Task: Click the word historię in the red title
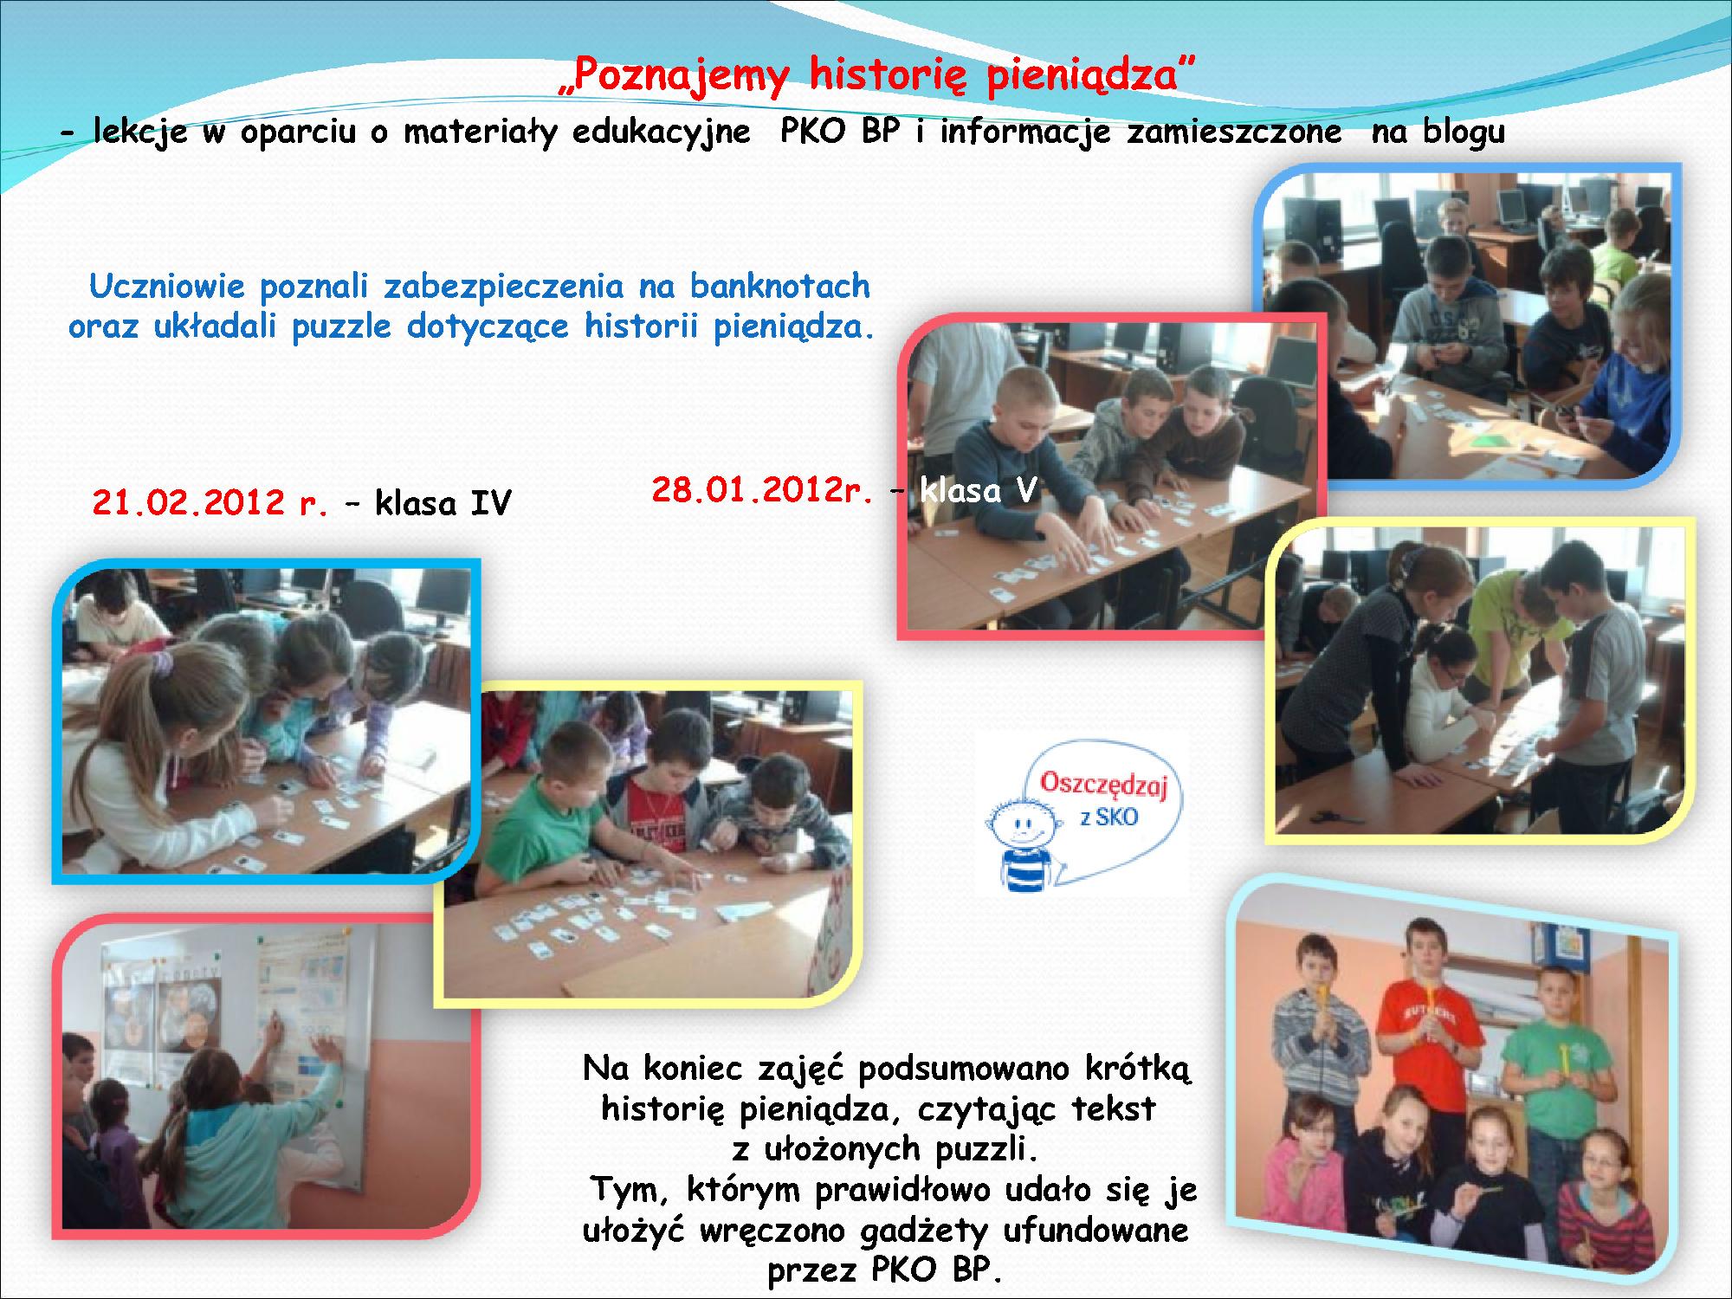[888, 74]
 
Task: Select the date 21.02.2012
[188, 502]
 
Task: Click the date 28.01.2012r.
[761, 489]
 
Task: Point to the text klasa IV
[443, 502]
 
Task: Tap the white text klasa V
[978, 490]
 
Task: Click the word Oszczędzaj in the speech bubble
[1104, 785]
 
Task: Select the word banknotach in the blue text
[779, 286]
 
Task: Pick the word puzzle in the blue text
[341, 327]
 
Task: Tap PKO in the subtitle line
[812, 131]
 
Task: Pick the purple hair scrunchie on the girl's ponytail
[162, 664]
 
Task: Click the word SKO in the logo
[1117, 817]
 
